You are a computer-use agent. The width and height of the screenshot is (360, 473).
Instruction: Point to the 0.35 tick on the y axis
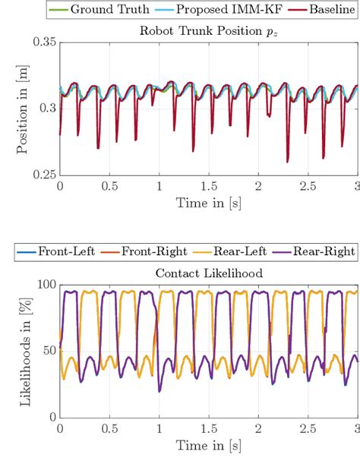pyautogui.click(x=43, y=43)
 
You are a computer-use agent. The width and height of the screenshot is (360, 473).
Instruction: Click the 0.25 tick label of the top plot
pyautogui.click(x=43, y=174)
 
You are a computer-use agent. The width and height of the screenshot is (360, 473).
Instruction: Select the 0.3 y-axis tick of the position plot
pyautogui.click(x=47, y=109)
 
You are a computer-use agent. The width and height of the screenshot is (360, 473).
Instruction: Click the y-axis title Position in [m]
pyautogui.click(x=23, y=108)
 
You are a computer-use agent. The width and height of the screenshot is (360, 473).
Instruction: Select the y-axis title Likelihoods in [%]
pyautogui.click(x=23, y=350)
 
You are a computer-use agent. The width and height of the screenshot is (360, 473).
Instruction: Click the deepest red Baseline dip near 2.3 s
pyautogui.click(x=287, y=161)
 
